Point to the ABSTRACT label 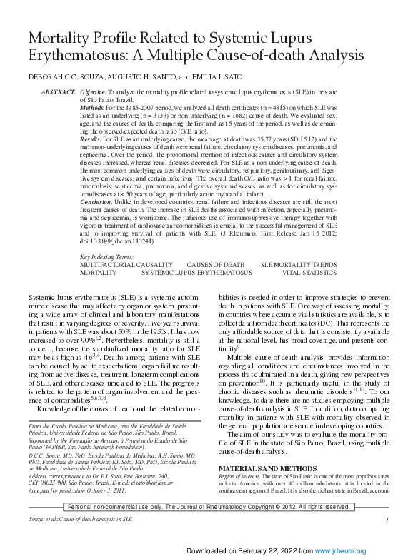[59, 93]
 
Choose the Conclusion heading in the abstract [97, 203]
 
